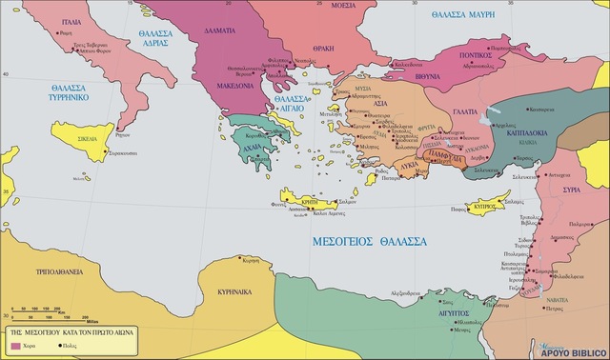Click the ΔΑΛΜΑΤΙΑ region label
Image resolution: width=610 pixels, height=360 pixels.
218,31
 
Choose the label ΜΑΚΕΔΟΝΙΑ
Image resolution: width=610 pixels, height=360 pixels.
230,85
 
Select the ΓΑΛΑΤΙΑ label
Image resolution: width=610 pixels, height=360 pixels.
465,111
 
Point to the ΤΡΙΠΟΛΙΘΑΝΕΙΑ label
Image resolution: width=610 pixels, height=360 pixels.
57,270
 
